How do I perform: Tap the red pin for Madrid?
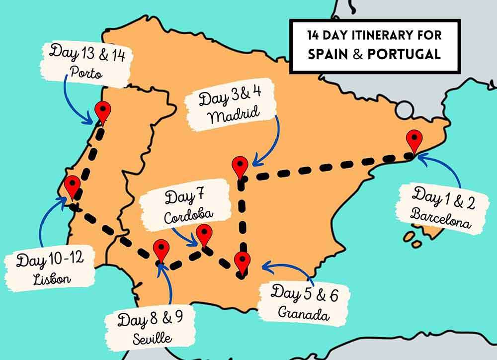[x=241, y=166]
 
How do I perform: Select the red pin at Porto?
[x=103, y=111]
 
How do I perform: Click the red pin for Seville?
[x=161, y=249]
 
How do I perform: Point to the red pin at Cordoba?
[x=204, y=234]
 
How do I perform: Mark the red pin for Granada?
[x=242, y=262]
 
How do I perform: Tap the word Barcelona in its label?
[x=441, y=219]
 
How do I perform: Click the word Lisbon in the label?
[x=52, y=279]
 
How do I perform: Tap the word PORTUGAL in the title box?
[x=404, y=54]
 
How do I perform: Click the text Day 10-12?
[x=50, y=260]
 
